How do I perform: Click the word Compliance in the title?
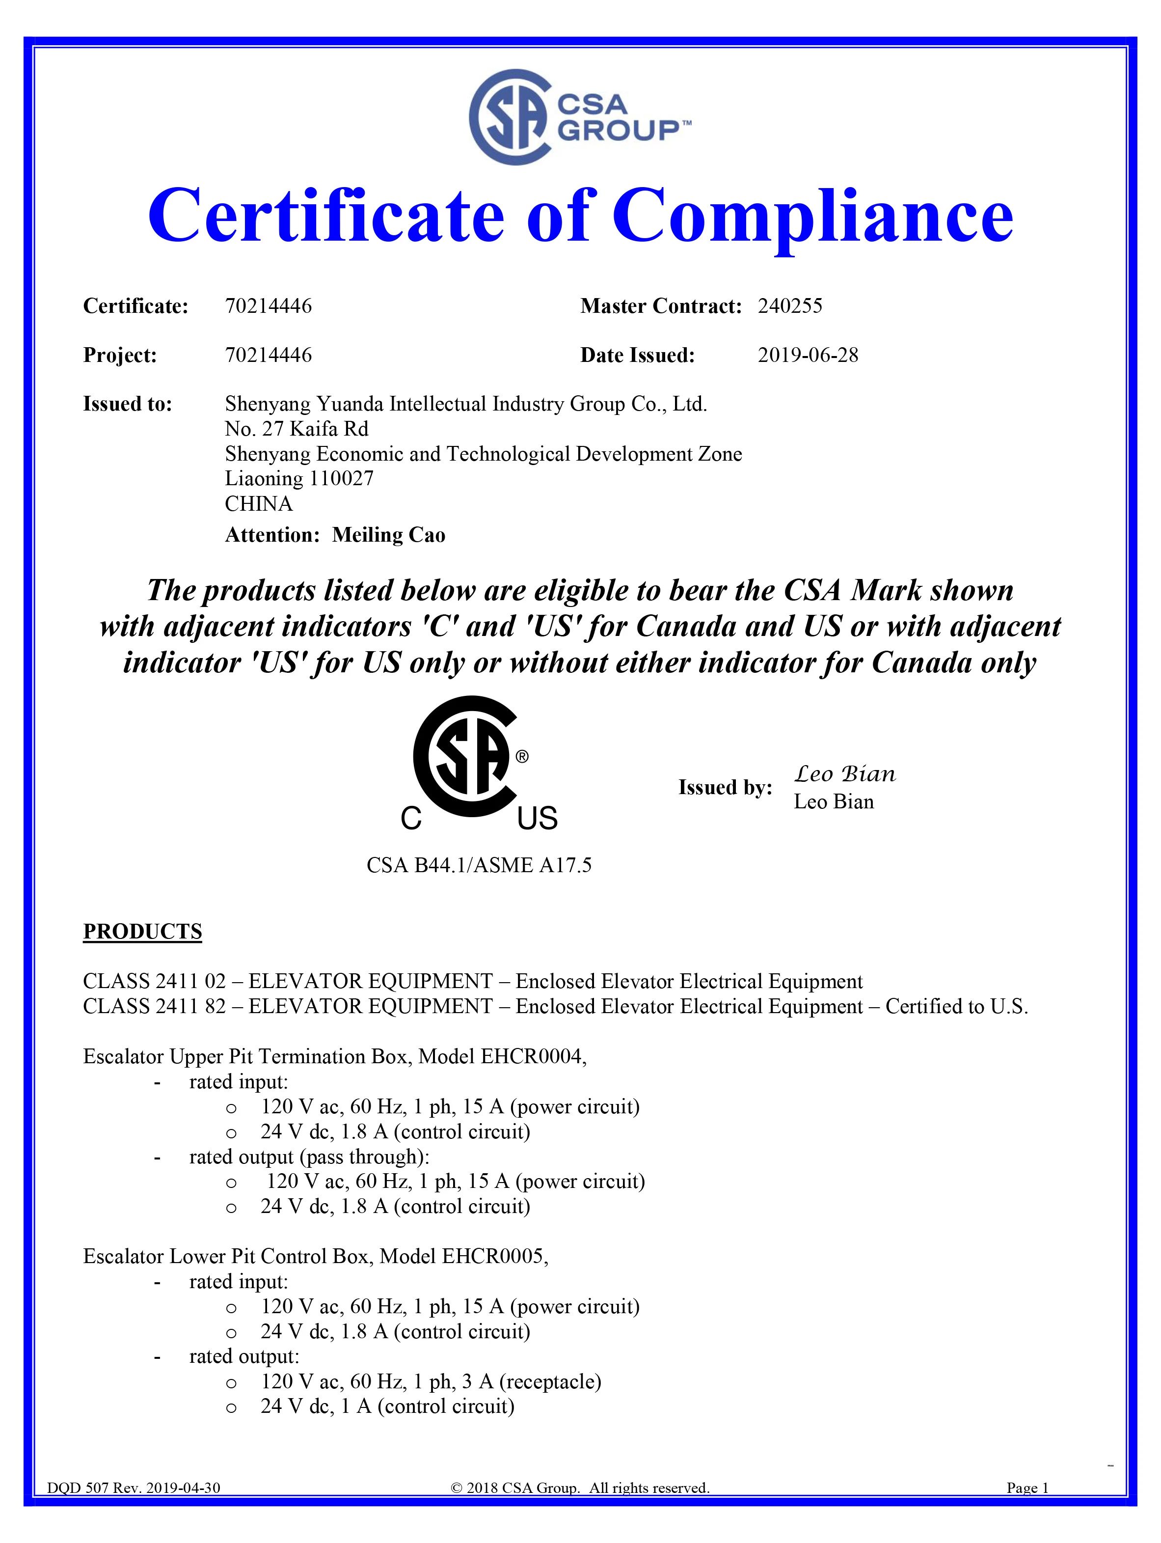(812, 216)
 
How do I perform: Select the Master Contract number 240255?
(790, 306)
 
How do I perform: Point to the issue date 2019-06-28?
(808, 355)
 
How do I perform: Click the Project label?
(120, 356)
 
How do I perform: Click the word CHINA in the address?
(259, 504)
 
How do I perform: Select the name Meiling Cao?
(388, 535)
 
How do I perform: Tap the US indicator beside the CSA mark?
(537, 818)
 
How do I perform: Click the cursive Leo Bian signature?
(844, 773)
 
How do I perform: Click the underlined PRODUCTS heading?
(142, 932)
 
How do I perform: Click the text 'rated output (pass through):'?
(309, 1157)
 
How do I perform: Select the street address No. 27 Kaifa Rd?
(297, 429)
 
